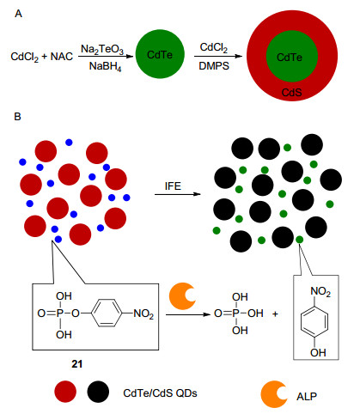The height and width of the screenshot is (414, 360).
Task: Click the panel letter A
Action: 18,14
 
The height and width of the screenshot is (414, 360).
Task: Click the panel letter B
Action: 18,117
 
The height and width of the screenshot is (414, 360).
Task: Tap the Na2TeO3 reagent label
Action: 102,50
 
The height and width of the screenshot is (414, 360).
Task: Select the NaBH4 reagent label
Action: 105,67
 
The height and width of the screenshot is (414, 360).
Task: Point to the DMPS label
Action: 214,66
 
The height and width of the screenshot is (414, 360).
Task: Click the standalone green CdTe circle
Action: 160,54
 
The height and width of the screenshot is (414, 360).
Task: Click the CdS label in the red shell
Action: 291,93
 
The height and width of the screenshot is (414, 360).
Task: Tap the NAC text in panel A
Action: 62,57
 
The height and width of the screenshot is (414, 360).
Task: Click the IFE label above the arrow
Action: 173,186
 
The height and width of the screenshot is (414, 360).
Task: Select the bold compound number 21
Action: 77,364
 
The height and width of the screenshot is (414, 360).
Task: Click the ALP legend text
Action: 307,397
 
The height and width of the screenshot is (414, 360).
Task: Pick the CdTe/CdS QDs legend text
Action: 160,393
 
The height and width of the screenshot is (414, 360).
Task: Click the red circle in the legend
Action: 65,392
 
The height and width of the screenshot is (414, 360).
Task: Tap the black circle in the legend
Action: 98,392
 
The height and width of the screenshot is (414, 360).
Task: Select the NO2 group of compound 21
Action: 143,314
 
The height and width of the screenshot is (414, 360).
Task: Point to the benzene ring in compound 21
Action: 107,314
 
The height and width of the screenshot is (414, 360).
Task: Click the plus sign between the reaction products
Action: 275,314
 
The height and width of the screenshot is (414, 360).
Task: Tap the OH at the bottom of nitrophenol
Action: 318,353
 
